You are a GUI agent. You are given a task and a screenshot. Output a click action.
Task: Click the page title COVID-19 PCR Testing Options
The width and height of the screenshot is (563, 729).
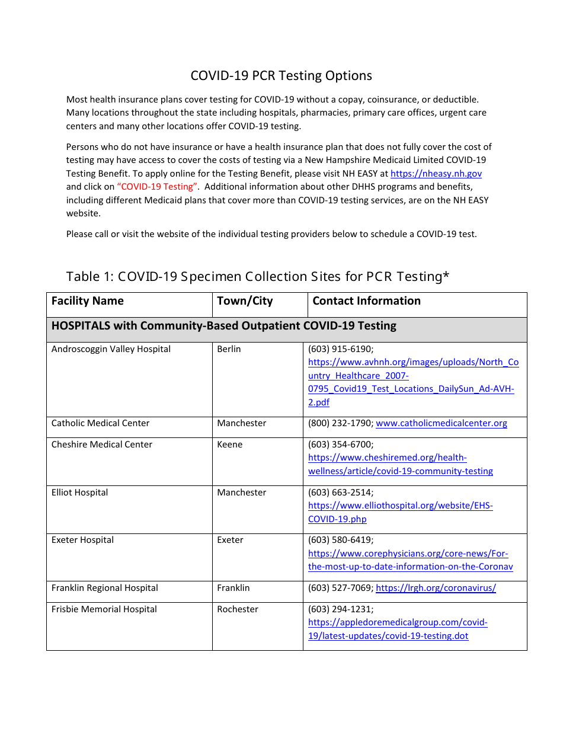281,76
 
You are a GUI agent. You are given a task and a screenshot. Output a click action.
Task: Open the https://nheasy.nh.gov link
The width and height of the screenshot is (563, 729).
436,174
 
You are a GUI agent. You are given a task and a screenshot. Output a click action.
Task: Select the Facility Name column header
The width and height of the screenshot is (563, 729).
88,301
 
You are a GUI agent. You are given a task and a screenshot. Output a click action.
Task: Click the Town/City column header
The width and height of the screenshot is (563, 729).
245,301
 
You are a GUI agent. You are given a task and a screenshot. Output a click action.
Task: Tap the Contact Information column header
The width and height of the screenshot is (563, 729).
366,301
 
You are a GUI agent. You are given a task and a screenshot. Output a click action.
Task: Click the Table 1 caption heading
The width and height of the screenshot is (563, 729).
258,276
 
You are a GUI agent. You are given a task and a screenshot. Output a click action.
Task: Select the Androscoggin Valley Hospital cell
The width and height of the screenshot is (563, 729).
111,349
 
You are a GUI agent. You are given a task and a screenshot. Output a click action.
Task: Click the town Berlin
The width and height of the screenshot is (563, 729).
229,349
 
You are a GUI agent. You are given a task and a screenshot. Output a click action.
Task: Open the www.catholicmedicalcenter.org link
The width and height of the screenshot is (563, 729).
442,423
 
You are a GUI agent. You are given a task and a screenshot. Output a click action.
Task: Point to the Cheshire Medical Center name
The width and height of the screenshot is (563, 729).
102,445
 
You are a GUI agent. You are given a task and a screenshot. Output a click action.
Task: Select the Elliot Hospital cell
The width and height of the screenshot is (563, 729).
80,493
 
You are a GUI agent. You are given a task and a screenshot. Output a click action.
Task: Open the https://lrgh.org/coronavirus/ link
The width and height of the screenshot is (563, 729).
436,588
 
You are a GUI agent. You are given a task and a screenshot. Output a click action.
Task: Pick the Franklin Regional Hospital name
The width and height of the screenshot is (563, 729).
105,588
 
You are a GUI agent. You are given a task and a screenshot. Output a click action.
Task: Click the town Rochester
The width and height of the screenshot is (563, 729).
238,609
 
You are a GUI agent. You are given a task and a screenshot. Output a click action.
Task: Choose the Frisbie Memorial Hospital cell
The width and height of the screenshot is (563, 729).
104,609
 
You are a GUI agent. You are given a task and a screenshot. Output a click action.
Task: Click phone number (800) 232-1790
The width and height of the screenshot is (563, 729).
340,423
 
